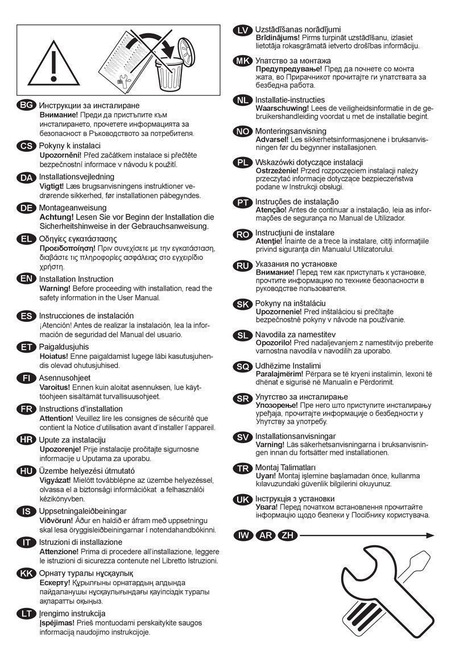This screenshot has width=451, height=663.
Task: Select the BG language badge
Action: [x=26, y=106]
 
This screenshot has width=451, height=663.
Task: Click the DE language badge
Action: [x=26, y=208]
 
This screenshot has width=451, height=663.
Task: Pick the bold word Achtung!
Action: [x=56, y=217]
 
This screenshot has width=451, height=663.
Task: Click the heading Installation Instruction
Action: [x=76, y=279]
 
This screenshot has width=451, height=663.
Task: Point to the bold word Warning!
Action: [x=55, y=288]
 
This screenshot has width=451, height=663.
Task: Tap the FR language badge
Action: [x=26, y=409]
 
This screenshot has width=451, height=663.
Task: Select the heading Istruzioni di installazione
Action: [x=80, y=542]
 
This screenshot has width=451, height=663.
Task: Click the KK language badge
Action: [x=26, y=573]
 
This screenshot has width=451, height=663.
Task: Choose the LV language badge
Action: [x=243, y=30]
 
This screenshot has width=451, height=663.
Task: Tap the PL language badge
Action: [x=243, y=163]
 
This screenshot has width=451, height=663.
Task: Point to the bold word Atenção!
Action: [x=272, y=210]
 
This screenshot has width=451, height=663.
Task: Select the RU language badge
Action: [x=243, y=264]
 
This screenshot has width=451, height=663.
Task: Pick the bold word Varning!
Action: [x=270, y=444]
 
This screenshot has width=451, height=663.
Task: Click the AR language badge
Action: [x=265, y=535]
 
